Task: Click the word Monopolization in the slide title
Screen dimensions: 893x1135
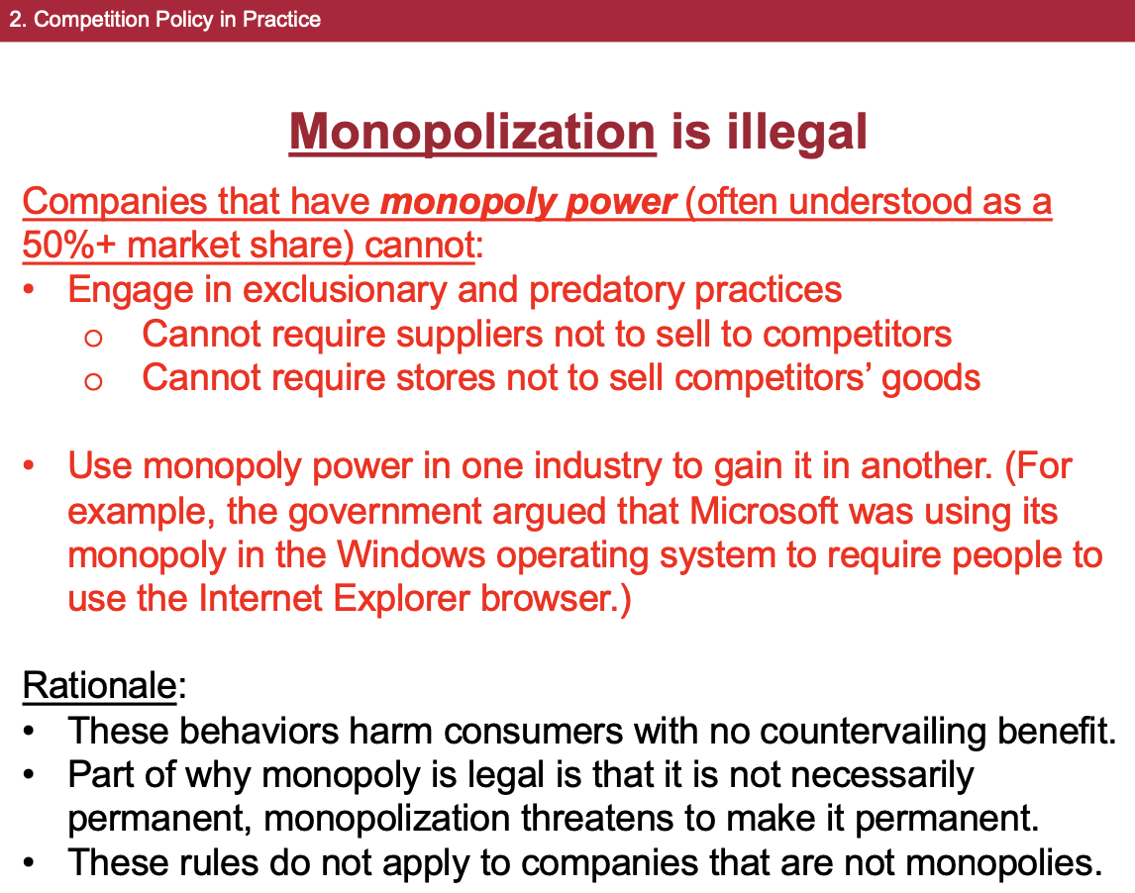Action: [471, 132]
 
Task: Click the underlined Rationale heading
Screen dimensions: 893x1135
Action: [98, 685]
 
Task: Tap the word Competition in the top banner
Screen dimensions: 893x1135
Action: [83, 20]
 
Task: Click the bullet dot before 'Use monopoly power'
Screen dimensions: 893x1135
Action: [32, 465]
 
